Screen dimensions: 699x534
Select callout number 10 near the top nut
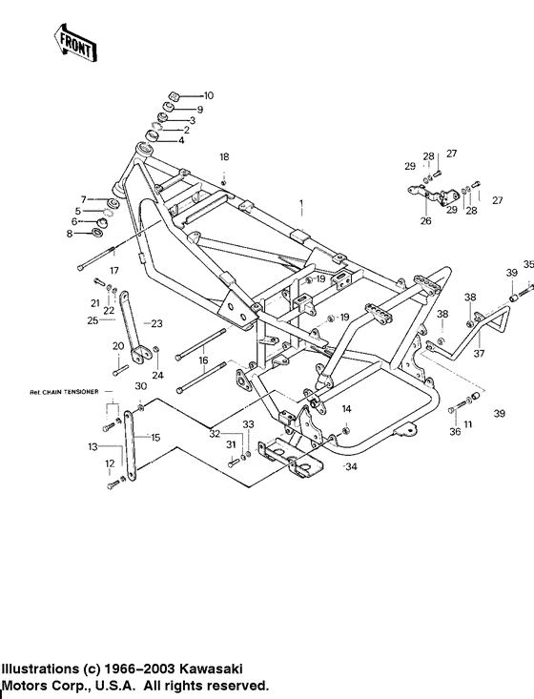pyautogui.click(x=208, y=95)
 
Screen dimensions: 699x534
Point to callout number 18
pyautogui.click(x=224, y=156)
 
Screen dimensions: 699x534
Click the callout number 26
pyautogui.click(x=425, y=221)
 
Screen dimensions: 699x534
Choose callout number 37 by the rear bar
pyautogui.click(x=479, y=354)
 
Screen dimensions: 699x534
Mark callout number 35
pyautogui.click(x=527, y=264)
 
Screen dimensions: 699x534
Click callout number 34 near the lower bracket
pyautogui.click(x=351, y=467)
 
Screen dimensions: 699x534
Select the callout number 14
pyautogui.click(x=347, y=408)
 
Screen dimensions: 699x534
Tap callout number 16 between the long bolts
pyautogui.click(x=203, y=361)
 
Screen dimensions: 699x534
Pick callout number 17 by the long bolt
pyautogui.click(x=113, y=271)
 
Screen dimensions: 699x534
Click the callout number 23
pyautogui.click(x=158, y=322)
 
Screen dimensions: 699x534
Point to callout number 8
pyautogui.click(x=70, y=234)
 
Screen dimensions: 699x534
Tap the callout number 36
pyautogui.click(x=455, y=431)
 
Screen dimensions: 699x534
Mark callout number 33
pyautogui.click(x=247, y=423)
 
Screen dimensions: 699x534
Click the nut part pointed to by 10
pyautogui.click(x=176, y=95)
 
